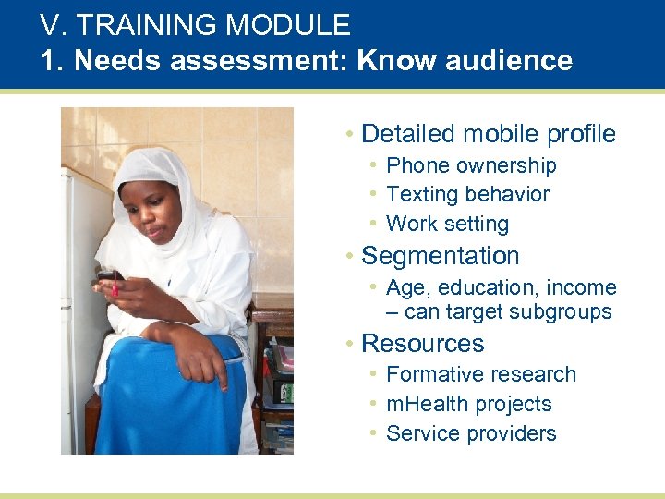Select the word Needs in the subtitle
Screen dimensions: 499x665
tap(109, 61)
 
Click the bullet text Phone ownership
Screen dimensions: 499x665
tap(471, 165)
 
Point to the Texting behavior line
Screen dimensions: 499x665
tap(467, 194)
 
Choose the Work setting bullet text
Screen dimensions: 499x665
tap(447, 224)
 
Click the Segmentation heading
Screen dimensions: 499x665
tap(440, 256)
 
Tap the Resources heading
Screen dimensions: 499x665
tap(422, 343)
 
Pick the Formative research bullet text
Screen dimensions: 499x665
tap(480, 374)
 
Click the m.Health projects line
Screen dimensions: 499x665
tap(468, 404)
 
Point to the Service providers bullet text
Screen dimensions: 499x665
tap(471, 433)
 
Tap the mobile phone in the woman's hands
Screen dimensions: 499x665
tap(109, 278)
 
